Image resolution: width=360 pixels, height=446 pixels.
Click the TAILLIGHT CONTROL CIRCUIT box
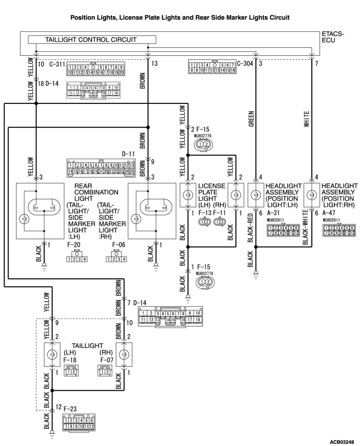90,40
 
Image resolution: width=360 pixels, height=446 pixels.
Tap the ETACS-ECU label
333,37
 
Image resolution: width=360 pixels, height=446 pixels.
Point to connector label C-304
245,63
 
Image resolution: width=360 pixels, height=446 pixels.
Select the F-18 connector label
70,360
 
